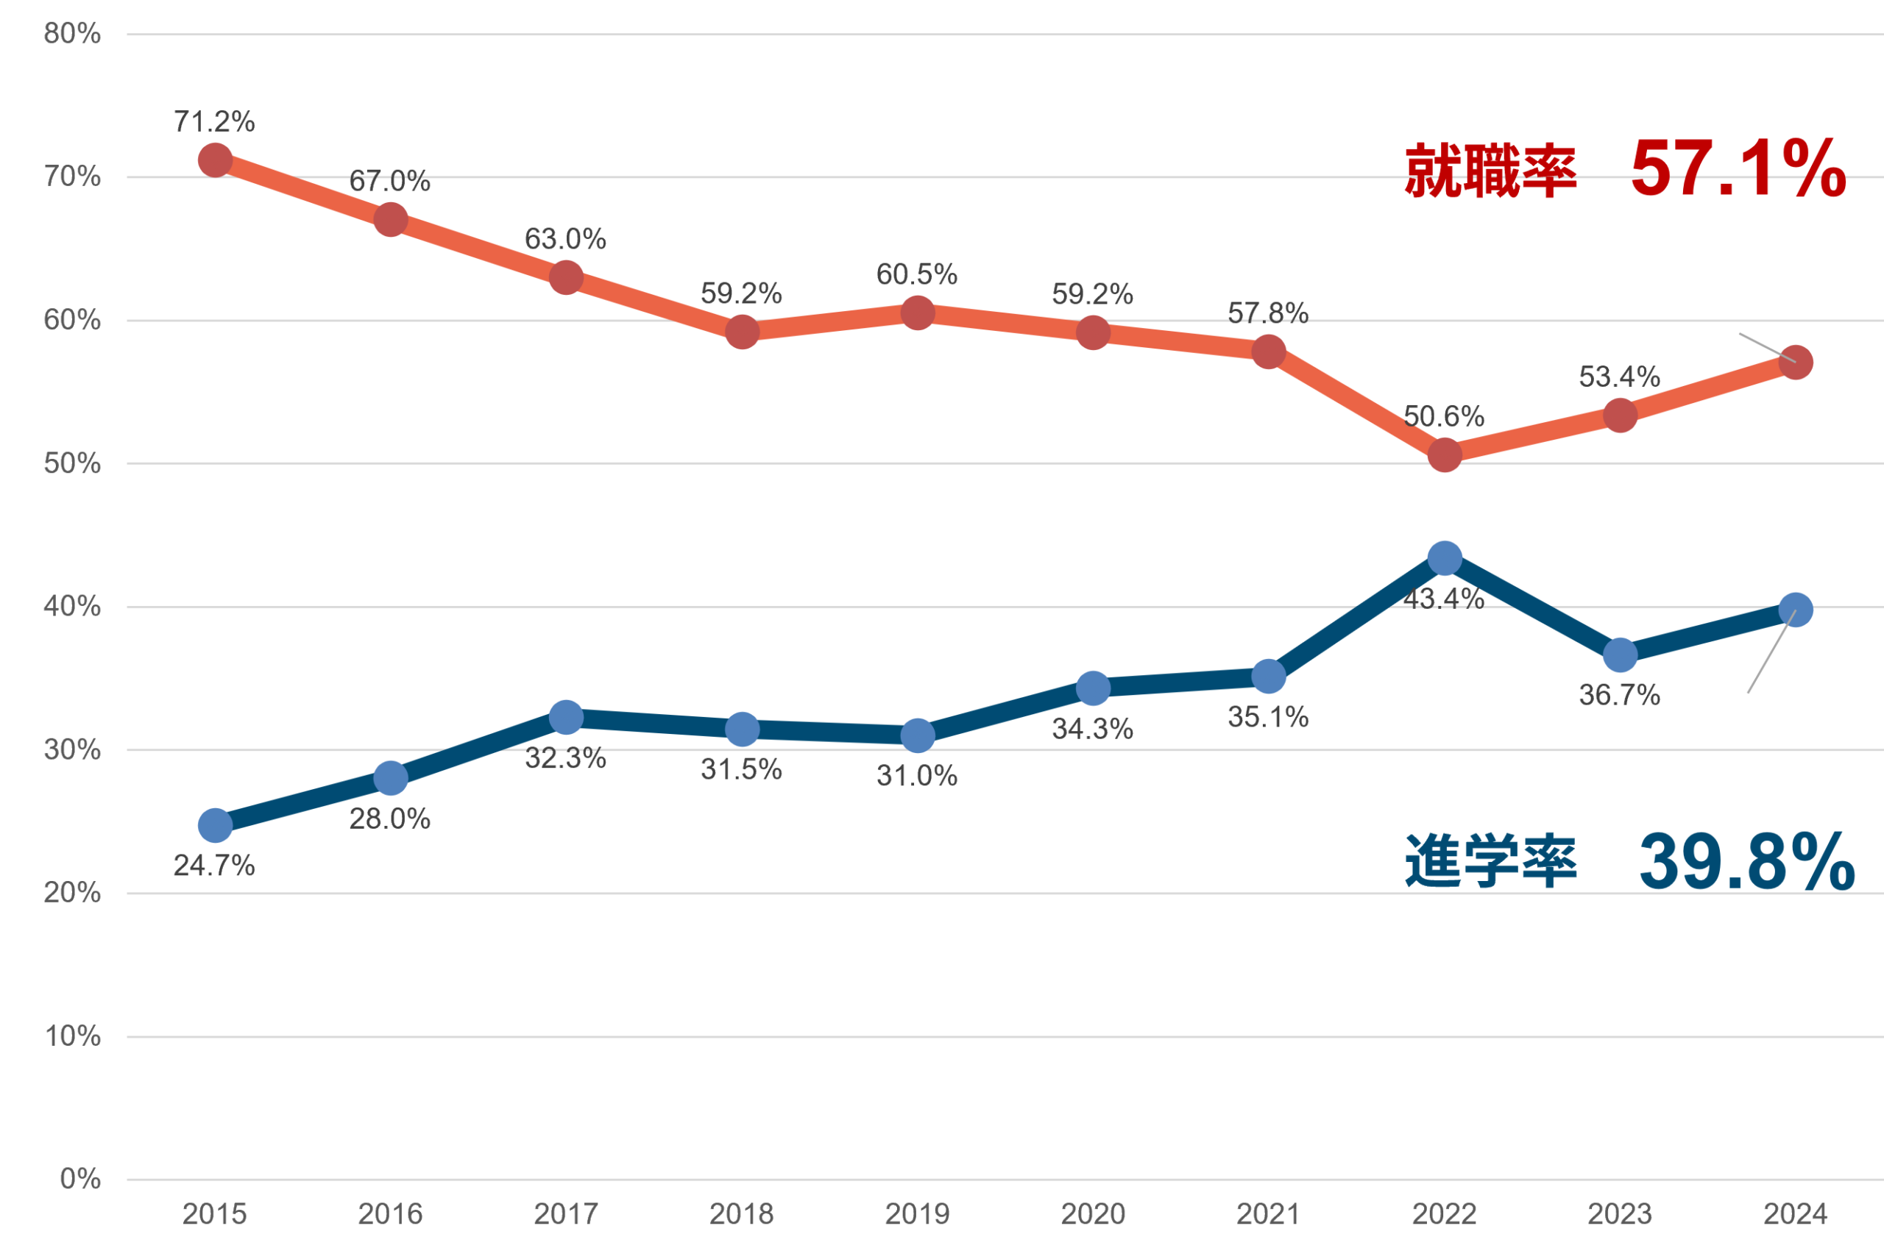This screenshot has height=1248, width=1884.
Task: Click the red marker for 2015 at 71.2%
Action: [214, 160]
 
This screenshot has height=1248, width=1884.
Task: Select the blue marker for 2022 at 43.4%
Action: [1444, 559]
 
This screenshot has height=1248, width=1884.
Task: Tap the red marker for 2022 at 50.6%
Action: [1444, 455]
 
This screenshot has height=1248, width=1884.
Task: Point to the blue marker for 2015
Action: [214, 825]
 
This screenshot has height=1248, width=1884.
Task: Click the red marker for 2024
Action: [1796, 363]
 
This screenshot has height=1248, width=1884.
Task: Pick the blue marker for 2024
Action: [1796, 610]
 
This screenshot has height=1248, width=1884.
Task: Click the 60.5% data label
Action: [916, 274]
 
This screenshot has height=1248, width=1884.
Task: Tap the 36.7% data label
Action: [1620, 696]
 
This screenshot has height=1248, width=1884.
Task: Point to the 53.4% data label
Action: [1620, 377]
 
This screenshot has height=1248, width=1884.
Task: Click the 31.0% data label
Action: [916, 776]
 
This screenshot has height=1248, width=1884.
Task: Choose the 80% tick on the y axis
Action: [72, 33]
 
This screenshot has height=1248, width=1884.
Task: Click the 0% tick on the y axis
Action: [80, 1179]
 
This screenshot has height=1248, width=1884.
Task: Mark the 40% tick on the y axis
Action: [72, 607]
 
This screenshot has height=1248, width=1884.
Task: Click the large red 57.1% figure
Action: [1738, 168]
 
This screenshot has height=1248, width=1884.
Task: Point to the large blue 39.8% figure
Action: [1746, 862]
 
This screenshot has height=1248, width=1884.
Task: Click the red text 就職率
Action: [1490, 171]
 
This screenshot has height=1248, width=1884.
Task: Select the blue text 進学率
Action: [1490, 862]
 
